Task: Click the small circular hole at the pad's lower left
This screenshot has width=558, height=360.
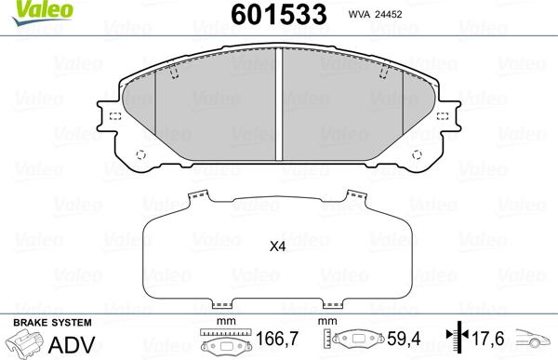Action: click(x=141, y=155)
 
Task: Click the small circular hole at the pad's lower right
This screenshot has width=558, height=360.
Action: click(x=418, y=155)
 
